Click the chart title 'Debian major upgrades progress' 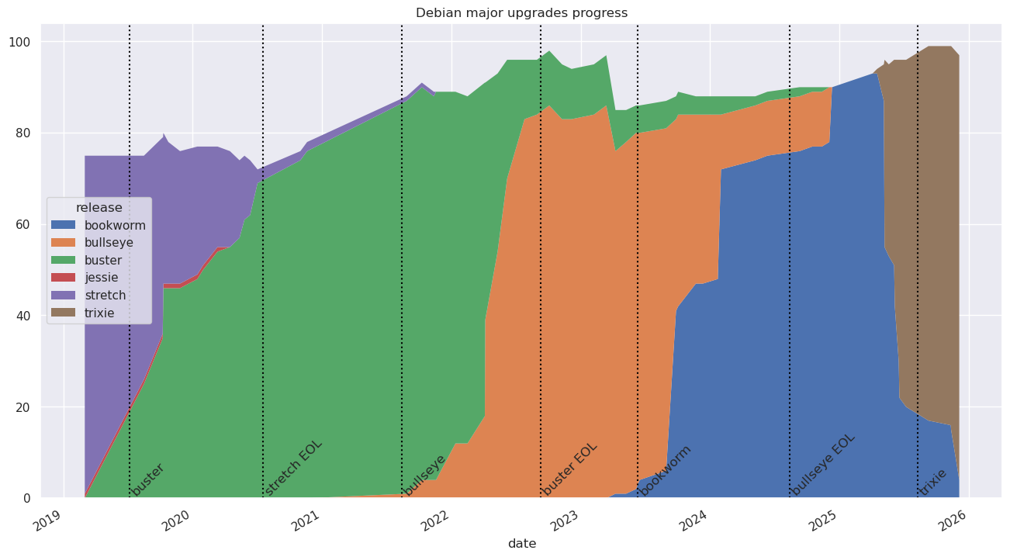pyautogui.click(x=521, y=12)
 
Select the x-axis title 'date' pyautogui.click(x=521, y=544)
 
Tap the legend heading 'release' pyautogui.click(x=99, y=208)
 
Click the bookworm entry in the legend pyautogui.click(x=115, y=226)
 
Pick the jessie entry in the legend pyautogui.click(x=102, y=277)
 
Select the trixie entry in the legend pyautogui.click(x=99, y=313)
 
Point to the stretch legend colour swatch pyautogui.click(x=64, y=295)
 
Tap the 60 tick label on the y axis pyautogui.click(x=34, y=224)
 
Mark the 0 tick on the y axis pyautogui.click(x=37, y=498)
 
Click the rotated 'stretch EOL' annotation pyautogui.click(x=293, y=468)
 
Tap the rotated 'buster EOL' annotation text pyautogui.click(x=570, y=469)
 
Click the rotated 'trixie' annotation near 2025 pyautogui.click(x=933, y=482)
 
